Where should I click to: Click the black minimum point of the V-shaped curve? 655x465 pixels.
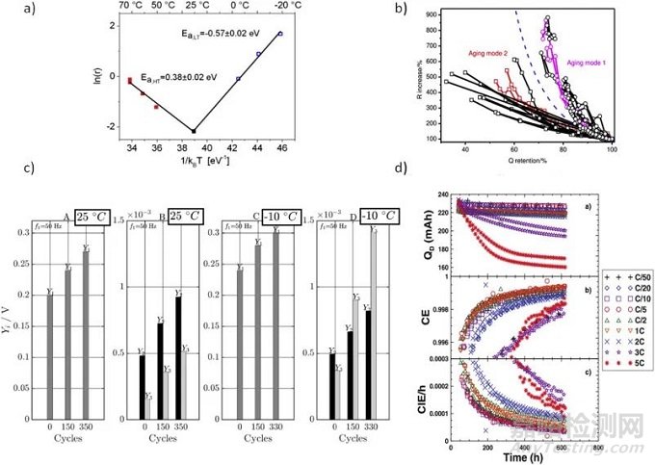click(194, 131)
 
